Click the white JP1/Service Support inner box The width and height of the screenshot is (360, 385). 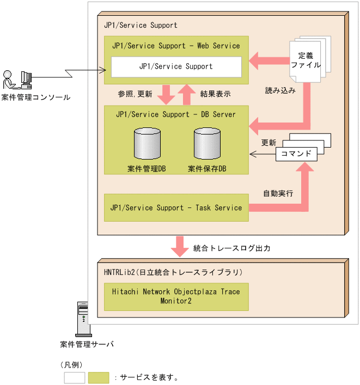click(176, 66)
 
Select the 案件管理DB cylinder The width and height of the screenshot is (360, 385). click(147, 144)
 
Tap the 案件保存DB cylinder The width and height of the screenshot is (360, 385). click(207, 144)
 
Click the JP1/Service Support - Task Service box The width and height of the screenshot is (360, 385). click(176, 207)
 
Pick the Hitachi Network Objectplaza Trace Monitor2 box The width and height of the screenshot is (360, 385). click(176, 296)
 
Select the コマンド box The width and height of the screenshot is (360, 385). click(296, 154)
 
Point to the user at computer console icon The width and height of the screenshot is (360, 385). click(17, 80)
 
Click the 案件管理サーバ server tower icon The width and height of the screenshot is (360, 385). click(83, 318)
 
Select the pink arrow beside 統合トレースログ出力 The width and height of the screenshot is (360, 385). click(179, 247)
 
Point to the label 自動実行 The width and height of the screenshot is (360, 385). click(278, 193)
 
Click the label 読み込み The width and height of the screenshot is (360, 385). click(280, 91)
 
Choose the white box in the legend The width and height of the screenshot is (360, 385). click(75, 377)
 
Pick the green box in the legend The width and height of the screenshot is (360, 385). click(99, 377)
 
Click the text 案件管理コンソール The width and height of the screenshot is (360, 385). click(35, 97)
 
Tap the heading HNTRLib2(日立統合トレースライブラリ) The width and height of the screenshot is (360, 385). click(173, 271)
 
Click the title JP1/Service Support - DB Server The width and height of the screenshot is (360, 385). click(176, 114)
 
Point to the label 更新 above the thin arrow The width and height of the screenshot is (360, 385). click(269, 143)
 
